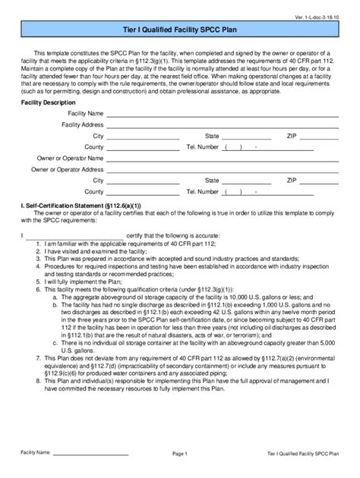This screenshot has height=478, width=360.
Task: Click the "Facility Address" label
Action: (82, 124)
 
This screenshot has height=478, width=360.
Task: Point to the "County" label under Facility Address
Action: (93, 146)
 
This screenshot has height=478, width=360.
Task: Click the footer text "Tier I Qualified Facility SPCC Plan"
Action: (298, 453)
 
